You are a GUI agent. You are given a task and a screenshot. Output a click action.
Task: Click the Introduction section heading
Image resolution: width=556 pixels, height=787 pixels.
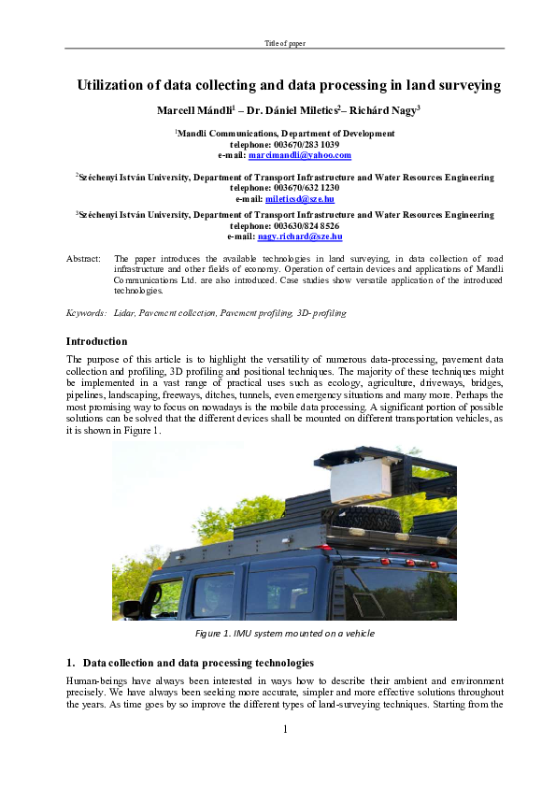96,341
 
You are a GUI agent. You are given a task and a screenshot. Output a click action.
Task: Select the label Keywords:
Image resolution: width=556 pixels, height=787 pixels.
86,313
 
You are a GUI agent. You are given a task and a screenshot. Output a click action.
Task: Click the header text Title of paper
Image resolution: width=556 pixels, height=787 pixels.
284,44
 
